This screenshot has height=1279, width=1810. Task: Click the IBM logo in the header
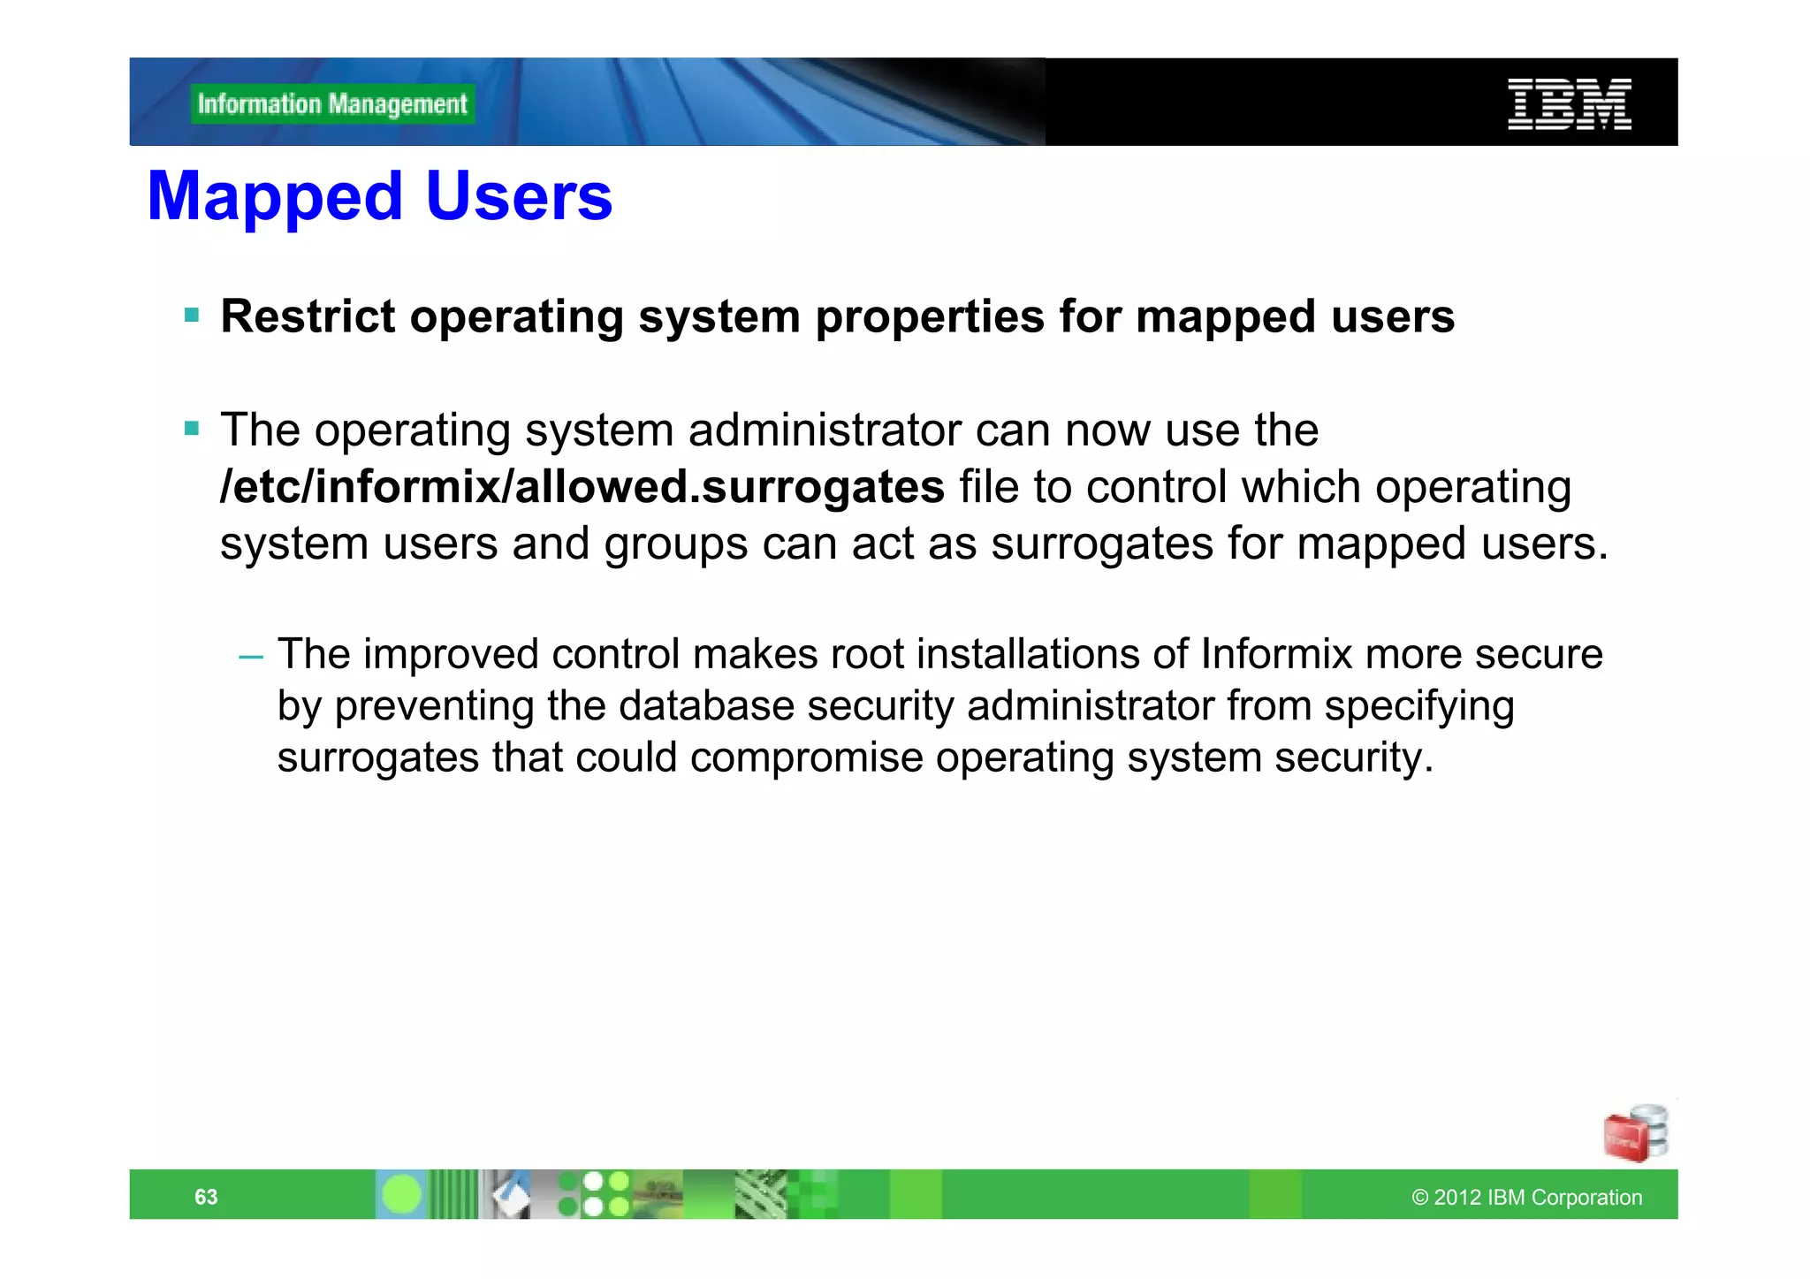(1569, 104)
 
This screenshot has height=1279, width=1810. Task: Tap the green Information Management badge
(332, 104)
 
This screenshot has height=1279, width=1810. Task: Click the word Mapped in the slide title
(275, 196)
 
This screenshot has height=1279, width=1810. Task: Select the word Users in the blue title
(519, 196)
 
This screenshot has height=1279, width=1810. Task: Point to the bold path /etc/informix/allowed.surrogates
(582, 487)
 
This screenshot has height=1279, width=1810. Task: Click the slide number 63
(206, 1197)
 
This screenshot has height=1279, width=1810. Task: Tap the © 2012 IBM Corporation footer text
(1526, 1197)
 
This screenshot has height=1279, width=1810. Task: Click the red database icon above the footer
(1634, 1134)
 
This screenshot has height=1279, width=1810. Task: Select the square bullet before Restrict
(192, 315)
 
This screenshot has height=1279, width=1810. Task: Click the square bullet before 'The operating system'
(192, 429)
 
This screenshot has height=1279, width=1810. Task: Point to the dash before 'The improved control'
(251, 656)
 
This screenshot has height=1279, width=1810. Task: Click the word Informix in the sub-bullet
(1275, 655)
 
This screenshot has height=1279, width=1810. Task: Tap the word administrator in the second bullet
(824, 430)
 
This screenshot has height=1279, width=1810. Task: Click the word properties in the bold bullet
(930, 316)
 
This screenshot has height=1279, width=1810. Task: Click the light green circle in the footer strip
(402, 1195)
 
